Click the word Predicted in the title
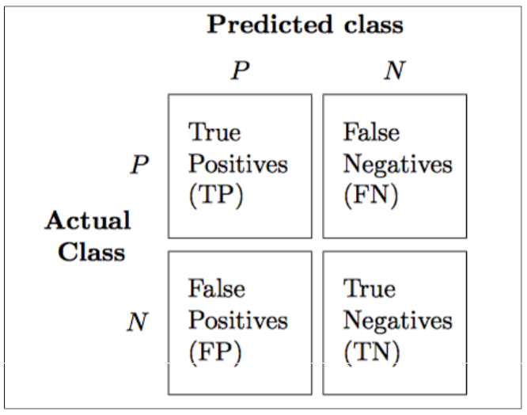coord(270,25)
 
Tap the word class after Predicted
coord(373,25)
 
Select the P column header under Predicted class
coord(240,70)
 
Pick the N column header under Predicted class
coord(395,70)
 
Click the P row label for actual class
coord(139,165)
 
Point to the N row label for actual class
coord(138,322)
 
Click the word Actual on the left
coord(88,220)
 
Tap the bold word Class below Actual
coord(92,252)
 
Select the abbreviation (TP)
coord(216,196)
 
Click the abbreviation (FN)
coord(370,196)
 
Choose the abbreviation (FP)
coord(215,352)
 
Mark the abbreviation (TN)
coord(372,352)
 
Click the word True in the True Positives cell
coord(214,132)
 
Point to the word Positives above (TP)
coord(238,164)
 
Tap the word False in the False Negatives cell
coord(371,131)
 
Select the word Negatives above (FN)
coord(397,165)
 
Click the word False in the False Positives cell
coord(217,288)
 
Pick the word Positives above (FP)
coord(238,320)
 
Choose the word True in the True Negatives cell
coord(370,289)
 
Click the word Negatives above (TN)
coord(397,321)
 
